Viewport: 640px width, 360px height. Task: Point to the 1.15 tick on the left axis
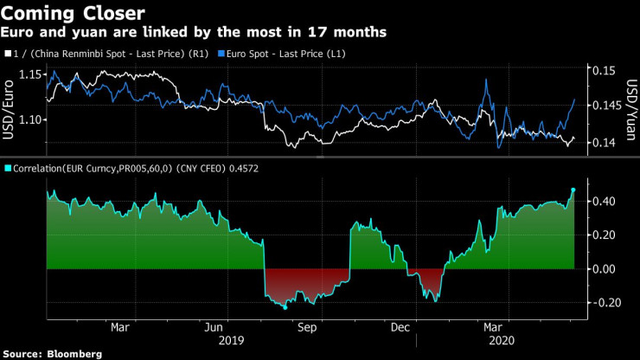point(29,74)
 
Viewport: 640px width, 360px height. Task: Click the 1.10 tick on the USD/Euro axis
point(29,119)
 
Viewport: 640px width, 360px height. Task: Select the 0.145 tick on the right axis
point(607,106)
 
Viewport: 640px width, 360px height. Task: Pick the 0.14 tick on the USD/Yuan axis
point(604,143)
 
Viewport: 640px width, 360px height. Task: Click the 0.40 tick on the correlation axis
point(604,202)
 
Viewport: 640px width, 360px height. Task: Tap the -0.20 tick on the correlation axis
point(604,303)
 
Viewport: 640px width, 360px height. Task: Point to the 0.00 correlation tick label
point(604,269)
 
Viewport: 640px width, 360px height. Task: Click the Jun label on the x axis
point(214,328)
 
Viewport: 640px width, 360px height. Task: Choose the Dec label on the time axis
point(400,328)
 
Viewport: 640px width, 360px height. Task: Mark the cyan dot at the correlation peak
point(573,190)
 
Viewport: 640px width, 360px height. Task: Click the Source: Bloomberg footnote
point(53,353)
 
